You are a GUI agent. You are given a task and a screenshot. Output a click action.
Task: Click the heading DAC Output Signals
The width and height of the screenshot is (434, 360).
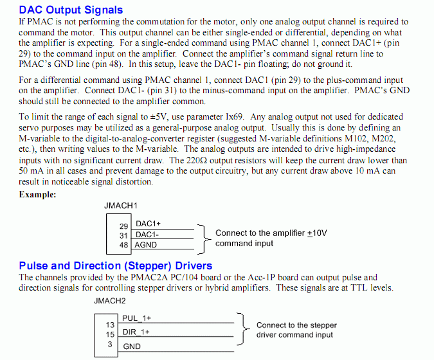pyautogui.click(x=71, y=10)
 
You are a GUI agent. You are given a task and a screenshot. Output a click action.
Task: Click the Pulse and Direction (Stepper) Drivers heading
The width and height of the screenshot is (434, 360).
pyautogui.click(x=116, y=265)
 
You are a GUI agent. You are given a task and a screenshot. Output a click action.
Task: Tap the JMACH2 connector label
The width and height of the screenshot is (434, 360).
pyautogui.click(x=110, y=300)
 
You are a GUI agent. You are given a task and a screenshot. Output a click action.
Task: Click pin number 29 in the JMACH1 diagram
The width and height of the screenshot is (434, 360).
pyautogui.click(x=124, y=226)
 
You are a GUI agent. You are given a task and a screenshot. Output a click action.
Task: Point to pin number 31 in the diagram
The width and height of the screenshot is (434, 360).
pyautogui.click(x=124, y=235)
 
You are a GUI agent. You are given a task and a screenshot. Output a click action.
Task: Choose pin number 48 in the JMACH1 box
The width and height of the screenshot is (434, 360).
pyautogui.click(x=124, y=244)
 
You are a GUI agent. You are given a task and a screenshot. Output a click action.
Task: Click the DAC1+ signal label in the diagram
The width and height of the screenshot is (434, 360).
pyautogui.click(x=149, y=224)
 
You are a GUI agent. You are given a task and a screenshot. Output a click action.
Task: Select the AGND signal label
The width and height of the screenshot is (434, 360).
pyautogui.click(x=147, y=244)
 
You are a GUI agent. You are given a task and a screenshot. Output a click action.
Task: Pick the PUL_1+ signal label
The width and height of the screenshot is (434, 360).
pyautogui.click(x=136, y=318)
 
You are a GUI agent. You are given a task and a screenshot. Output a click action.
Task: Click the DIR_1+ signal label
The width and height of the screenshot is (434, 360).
pyautogui.click(x=136, y=332)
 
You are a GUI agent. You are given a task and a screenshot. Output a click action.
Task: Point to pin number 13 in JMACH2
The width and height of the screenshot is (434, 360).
pyautogui.click(x=110, y=325)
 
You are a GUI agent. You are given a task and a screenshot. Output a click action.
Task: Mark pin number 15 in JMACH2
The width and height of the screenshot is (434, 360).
pyautogui.click(x=110, y=334)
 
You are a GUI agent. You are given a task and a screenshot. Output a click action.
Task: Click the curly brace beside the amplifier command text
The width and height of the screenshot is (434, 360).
pyautogui.click(x=203, y=238)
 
